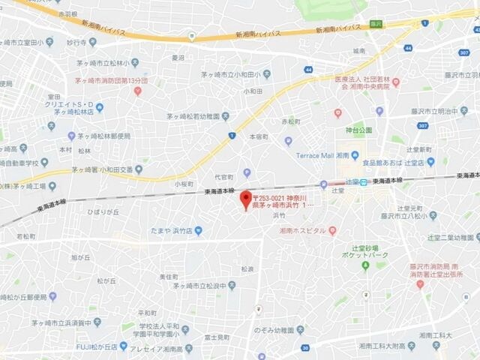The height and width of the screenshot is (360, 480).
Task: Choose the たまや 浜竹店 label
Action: click(175, 230)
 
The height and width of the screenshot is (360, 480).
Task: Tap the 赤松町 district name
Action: click(290, 121)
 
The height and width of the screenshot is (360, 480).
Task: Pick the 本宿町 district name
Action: click(259, 137)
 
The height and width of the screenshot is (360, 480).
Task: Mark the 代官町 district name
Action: click(224, 177)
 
